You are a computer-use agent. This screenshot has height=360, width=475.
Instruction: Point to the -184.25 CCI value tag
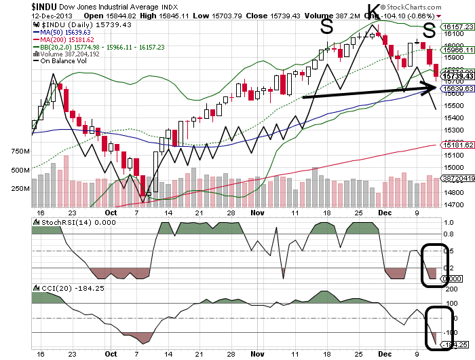(453, 346)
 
